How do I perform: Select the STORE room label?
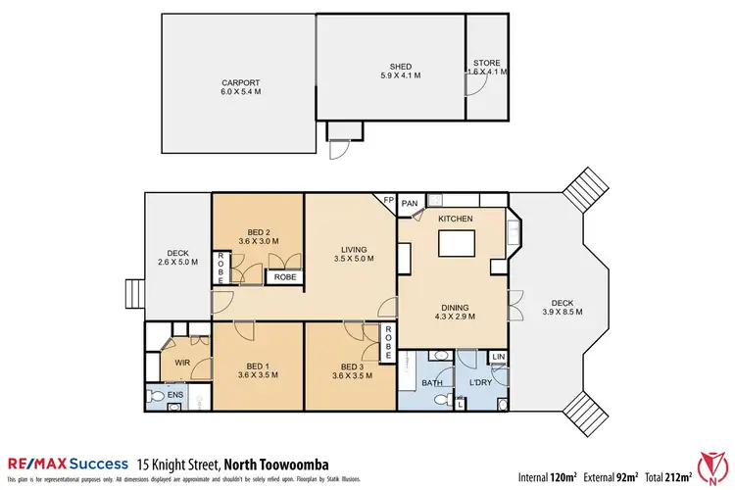[x=486, y=67]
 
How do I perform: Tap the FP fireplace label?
[x=388, y=201]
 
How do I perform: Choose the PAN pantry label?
[x=411, y=203]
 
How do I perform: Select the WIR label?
[x=181, y=362]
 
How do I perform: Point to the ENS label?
[x=174, y=395]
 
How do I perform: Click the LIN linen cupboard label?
[x=499, y=357]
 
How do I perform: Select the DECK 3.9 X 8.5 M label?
[x=563, y=307]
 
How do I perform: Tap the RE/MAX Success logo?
[x=68, y=463]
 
